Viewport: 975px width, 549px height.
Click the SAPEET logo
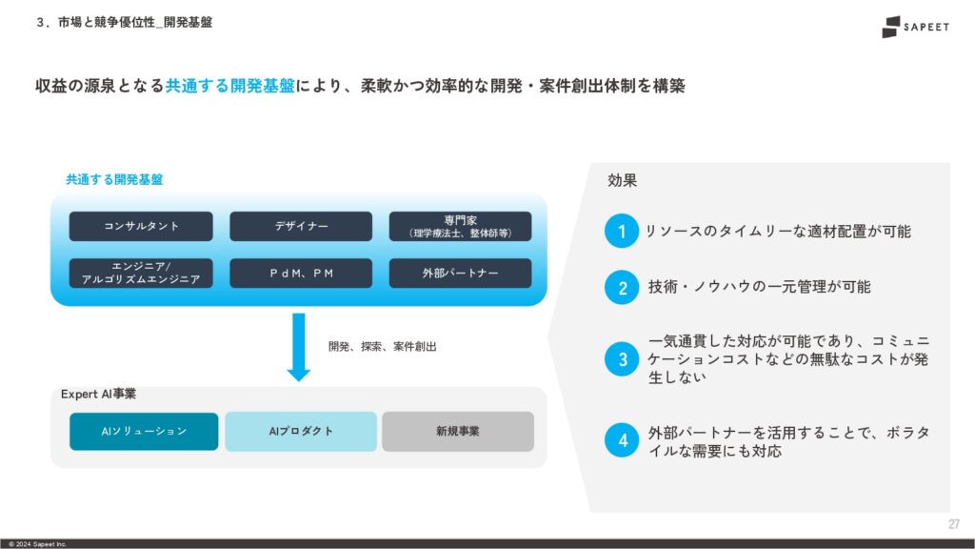(x=915, y=27)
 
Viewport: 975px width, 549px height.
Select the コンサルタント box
(x=141, y=226)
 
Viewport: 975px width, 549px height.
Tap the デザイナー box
(x=301, y=226)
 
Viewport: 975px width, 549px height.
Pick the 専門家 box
(x=460, y=226)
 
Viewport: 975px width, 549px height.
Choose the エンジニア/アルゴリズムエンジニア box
(x=141, y=274)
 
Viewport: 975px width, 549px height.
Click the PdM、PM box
(x=301, y=274)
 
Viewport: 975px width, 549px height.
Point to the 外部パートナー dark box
(x=460, y=274)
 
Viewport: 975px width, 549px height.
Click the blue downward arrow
(x=298, y=347)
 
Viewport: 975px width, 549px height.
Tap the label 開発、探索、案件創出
(x=383, y=347)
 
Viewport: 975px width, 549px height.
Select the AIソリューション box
(x=144, y=432)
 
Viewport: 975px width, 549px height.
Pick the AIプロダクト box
(x=301, y=432)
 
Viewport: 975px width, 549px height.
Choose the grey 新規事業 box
(x=458, y=432)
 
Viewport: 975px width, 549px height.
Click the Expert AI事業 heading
(x=98, y=394)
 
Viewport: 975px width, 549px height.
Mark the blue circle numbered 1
(x=621, y=231)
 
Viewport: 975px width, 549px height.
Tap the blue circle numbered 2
(x=621, y=288)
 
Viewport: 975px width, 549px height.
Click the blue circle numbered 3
(x=621, y=359)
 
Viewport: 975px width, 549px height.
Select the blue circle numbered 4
(x=621, y=440)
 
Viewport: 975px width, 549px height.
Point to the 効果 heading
(x=622, y=180)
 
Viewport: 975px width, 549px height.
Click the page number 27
(x=954, y=524)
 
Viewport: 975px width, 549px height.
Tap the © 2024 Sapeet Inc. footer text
(x=38, y=544)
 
